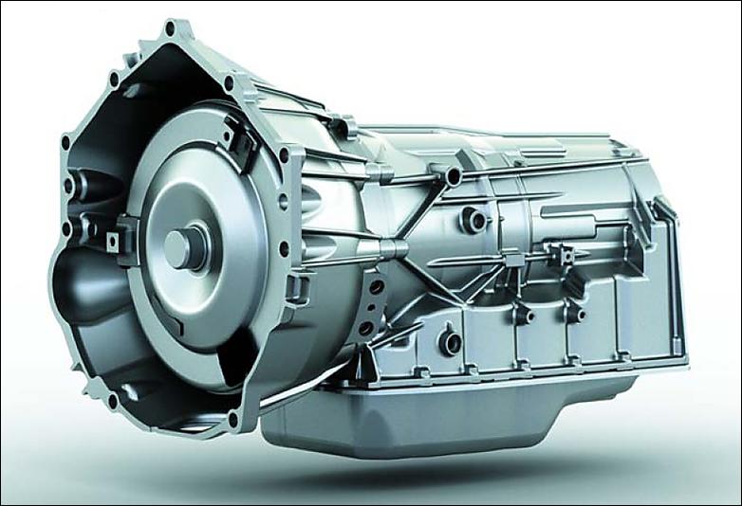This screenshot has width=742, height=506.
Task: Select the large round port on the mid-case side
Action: point(472,221)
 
